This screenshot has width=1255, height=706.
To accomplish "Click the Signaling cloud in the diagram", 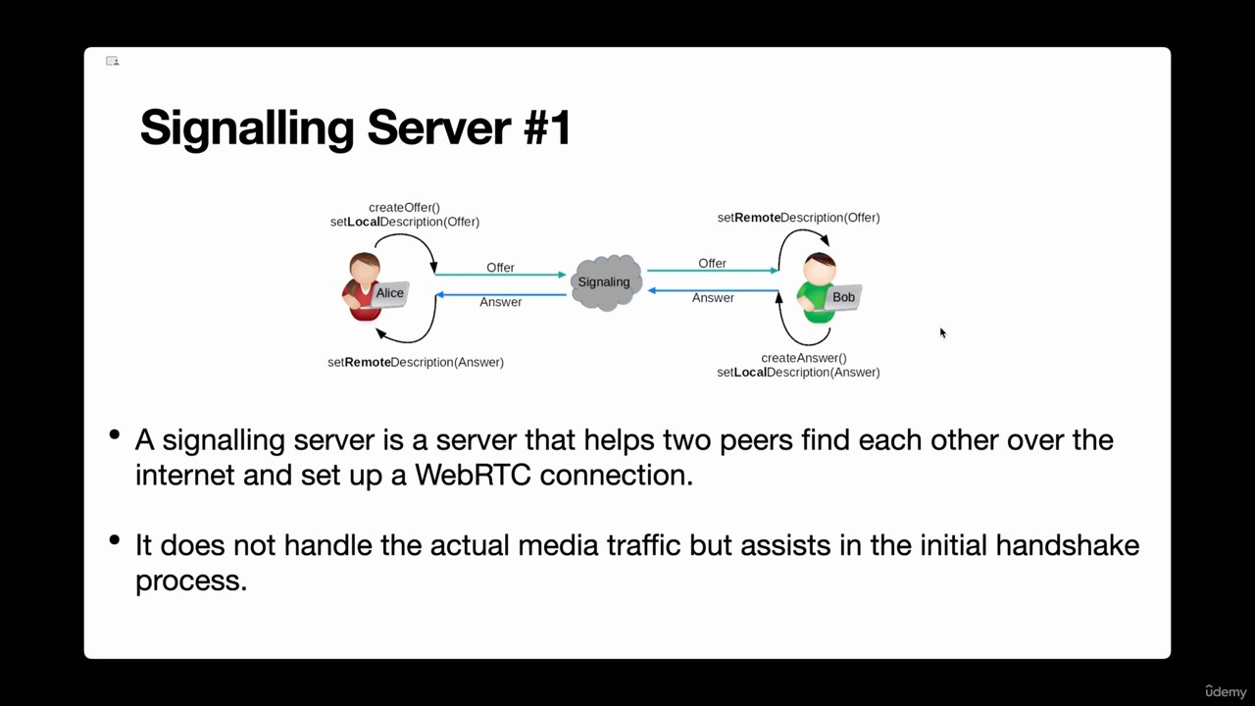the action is [x=606, y=282].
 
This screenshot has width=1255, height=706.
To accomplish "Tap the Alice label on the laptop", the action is [x=389, y=293].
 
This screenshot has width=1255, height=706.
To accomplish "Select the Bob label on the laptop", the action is [x=843, y=297].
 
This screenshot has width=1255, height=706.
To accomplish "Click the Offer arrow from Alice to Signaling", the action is [x=500, y=275].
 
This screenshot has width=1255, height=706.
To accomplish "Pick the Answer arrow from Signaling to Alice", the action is [x=501, y=295].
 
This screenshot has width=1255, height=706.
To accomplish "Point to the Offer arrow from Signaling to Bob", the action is [x=713, y=271].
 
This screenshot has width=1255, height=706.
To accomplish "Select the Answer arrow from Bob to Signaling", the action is [x=713, y=291].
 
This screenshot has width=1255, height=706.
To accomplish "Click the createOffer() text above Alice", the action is [x=404, y=207].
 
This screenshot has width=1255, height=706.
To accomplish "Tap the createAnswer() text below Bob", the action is [x=803, y=358].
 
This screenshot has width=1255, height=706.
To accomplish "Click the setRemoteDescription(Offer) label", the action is [x=798, y=218].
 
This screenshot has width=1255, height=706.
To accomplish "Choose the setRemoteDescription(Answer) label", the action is [x=415, y=363].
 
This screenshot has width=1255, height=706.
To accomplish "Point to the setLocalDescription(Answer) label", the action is [x=798, y=373].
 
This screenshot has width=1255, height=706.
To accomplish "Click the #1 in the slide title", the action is [x=547, y=127].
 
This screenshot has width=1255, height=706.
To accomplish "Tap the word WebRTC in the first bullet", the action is [x=473, y=476].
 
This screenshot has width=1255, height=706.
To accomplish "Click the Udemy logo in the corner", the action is [x=1226, y=691].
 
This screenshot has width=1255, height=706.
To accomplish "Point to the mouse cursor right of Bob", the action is [x=943, y=332].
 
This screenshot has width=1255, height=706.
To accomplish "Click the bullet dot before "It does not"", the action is [x=115, y=539].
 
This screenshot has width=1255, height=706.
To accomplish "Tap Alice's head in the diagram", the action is [x=365, y=270].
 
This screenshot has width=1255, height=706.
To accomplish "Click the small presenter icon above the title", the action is [x=112, y=61].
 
